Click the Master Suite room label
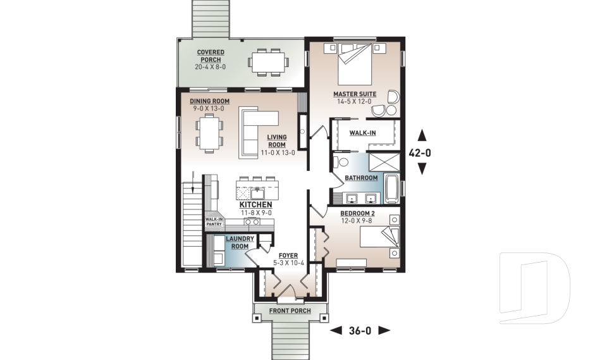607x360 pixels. tap(355, 94)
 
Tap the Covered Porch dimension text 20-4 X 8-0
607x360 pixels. tap(210, 66)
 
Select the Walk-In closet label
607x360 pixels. tap(362, 133)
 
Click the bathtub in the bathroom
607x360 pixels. tap(391, 189)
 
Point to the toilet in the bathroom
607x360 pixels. tap(340, 161)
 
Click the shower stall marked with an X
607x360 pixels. tap(383, 163)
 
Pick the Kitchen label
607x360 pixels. tap(255, 204)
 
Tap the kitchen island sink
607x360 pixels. tap(257, 192)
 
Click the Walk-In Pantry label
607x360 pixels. tap(214, 221)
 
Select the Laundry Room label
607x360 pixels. tap(240, 242)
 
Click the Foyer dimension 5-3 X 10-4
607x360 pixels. tap(288, 263)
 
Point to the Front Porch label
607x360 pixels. tap(290, 311)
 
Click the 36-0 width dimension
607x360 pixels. tap(360, 330)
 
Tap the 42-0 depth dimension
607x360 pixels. tap(420, 153)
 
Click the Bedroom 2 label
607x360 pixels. tap(357, 213)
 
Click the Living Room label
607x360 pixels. tap(277, 140)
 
